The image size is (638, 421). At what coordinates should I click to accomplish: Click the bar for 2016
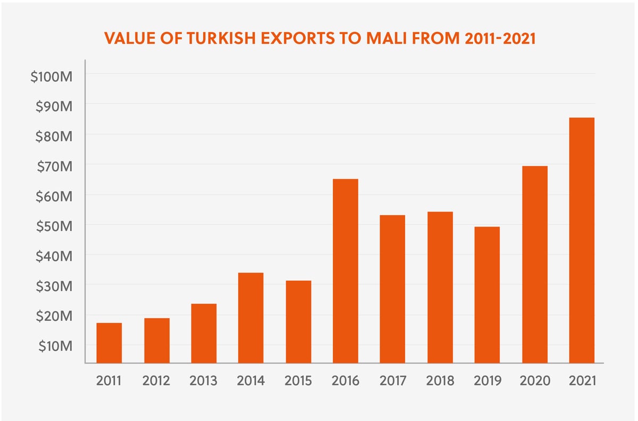point(346,271)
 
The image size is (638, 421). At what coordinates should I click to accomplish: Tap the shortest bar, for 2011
point(109,343)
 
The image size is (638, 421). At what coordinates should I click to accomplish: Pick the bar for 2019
point(487,295)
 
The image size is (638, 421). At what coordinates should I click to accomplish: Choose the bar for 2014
point(251,318)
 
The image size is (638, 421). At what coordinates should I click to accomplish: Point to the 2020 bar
point(534,265)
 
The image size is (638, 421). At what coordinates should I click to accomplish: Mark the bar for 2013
point(204,333)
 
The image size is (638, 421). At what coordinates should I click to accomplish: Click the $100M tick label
point(51,77)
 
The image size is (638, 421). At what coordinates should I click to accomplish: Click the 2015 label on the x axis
point(298,381)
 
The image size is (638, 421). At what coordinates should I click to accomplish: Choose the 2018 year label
point(440,381)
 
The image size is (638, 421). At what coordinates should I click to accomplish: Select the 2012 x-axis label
point(156,381)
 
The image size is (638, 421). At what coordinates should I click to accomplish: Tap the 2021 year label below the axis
point(582,381)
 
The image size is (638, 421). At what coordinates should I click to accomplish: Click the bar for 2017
point(392,289)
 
